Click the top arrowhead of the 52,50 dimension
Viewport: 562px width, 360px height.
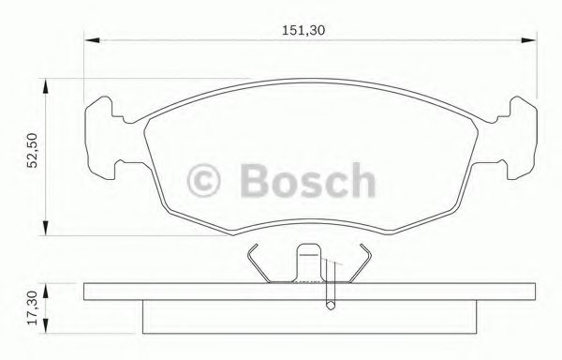pos(44,84)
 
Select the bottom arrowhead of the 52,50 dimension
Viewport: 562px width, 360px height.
pos(44,230)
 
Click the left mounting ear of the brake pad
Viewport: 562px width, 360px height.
pos(104,137)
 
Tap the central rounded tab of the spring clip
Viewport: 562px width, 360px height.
pos(308,260)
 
